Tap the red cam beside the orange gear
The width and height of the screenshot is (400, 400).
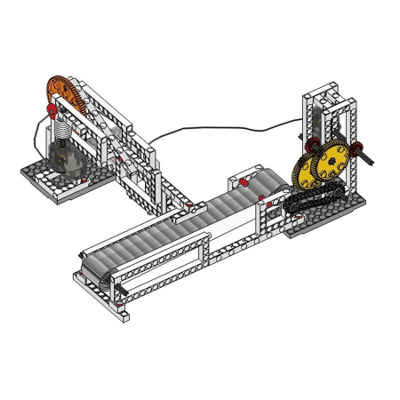click(x=52, y=109)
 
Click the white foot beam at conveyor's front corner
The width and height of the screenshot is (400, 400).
click(x=119, y=310)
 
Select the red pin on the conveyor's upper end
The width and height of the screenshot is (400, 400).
click(x=242, y=181)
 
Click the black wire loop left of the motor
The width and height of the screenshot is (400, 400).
click(x=36, y=133)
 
